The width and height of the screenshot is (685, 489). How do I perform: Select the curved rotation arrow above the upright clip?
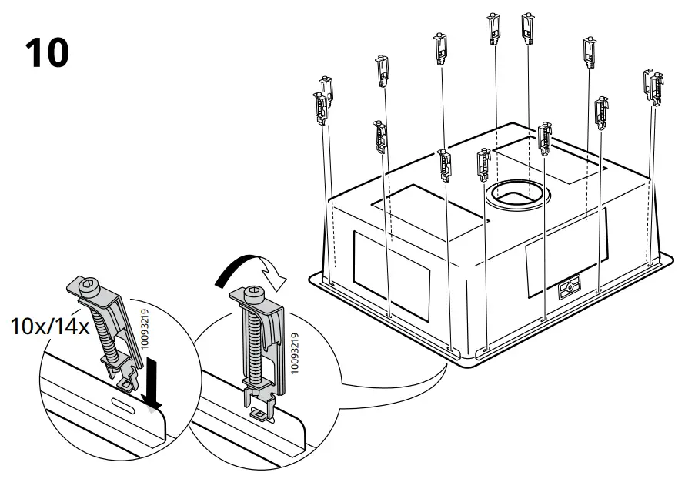[248, 269]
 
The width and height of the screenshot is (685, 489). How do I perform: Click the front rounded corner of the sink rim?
[462, 355]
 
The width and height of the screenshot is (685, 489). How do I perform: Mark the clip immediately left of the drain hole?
[484, 165]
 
